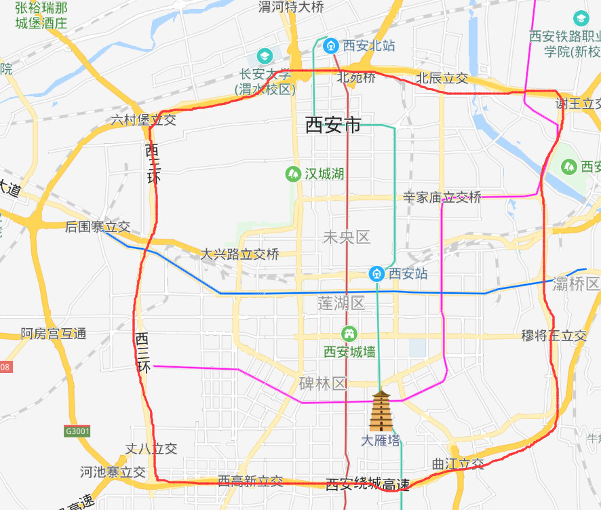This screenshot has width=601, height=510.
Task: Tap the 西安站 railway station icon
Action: click(x=376, y=273)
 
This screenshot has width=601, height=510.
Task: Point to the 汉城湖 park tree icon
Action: click(x=293, y=174)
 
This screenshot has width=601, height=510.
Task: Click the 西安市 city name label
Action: click(x=333, y=125)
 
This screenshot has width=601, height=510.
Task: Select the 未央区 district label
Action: click(x=346, y=237)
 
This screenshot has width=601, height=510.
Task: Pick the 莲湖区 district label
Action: click(x=341, y=303)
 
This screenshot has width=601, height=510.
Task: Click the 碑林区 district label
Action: click(x=323, y=384)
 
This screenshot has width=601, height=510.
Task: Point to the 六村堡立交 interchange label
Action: click(x=144, y=120)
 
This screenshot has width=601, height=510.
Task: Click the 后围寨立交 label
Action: click(x=98, y=227)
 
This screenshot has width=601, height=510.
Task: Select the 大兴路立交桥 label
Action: click(x=239, y=254)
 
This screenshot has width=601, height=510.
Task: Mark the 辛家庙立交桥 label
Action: click(x=442, y=197)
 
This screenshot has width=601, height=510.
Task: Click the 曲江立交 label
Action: click(x=459, y=464)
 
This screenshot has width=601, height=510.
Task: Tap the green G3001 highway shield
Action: click(x=77, y=431)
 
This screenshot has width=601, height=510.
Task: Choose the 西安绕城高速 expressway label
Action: click(x=368, y=484)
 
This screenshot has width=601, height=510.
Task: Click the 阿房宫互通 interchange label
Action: click(x=54, y=334)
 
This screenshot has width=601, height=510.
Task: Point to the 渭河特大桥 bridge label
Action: click(x=292, y=7)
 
